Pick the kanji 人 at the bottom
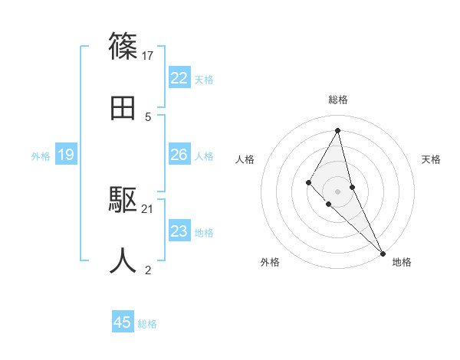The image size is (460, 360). point(123,261)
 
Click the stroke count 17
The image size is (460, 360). point(149,55)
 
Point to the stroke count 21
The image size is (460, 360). point(148,208)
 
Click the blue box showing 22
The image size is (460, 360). point(179,78)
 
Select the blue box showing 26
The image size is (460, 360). point(179,155)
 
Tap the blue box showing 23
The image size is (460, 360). point(179,231)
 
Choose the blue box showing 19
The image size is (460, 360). point(66,155)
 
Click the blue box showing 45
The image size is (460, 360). point(123,322)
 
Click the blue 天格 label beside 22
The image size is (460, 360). point(204,80)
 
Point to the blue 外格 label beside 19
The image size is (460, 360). point(41,156)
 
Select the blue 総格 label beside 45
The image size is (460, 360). point(147,324)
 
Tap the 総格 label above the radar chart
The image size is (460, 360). point(338,100)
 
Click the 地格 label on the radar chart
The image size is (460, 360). point(402,263)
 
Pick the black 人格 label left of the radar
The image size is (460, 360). point(245,159)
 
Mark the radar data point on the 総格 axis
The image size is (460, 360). point(338,129)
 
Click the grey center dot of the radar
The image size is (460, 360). point(338,191)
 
